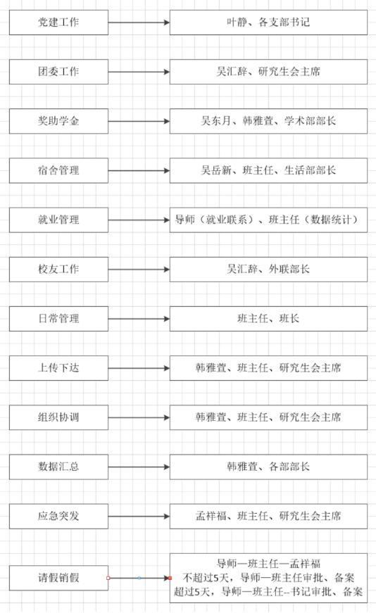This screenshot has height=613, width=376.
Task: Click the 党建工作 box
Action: [58, 23]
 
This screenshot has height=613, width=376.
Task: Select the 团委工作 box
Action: [58, 72]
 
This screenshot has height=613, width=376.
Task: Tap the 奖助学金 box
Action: [58, 121]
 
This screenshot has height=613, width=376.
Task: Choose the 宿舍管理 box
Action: [58, 170]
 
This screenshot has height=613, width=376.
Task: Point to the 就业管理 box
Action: [58, 220]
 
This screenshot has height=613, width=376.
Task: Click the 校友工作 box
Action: [58, 270]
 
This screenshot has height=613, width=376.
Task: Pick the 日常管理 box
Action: [58, 319]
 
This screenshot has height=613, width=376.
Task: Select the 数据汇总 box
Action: [58, 467]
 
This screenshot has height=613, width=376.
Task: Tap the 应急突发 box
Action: [58, 516]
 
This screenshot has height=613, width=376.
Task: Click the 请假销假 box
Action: [58, 578]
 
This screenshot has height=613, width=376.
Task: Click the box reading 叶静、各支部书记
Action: [268, 23]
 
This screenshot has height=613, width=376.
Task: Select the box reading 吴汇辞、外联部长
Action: [268, 270]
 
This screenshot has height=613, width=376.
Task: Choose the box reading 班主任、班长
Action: [268, 319]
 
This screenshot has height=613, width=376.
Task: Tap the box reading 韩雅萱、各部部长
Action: [268, 467]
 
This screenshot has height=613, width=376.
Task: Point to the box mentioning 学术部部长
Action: [268, 121]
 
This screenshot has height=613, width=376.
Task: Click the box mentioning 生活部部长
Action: [268, 170]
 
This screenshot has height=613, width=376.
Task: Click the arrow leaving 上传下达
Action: [139, 368]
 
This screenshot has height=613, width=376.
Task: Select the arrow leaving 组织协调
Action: [139, 417]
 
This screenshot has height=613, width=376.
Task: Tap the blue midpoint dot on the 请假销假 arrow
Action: [139, 578]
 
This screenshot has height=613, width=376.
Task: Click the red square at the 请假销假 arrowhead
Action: [170, 578]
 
